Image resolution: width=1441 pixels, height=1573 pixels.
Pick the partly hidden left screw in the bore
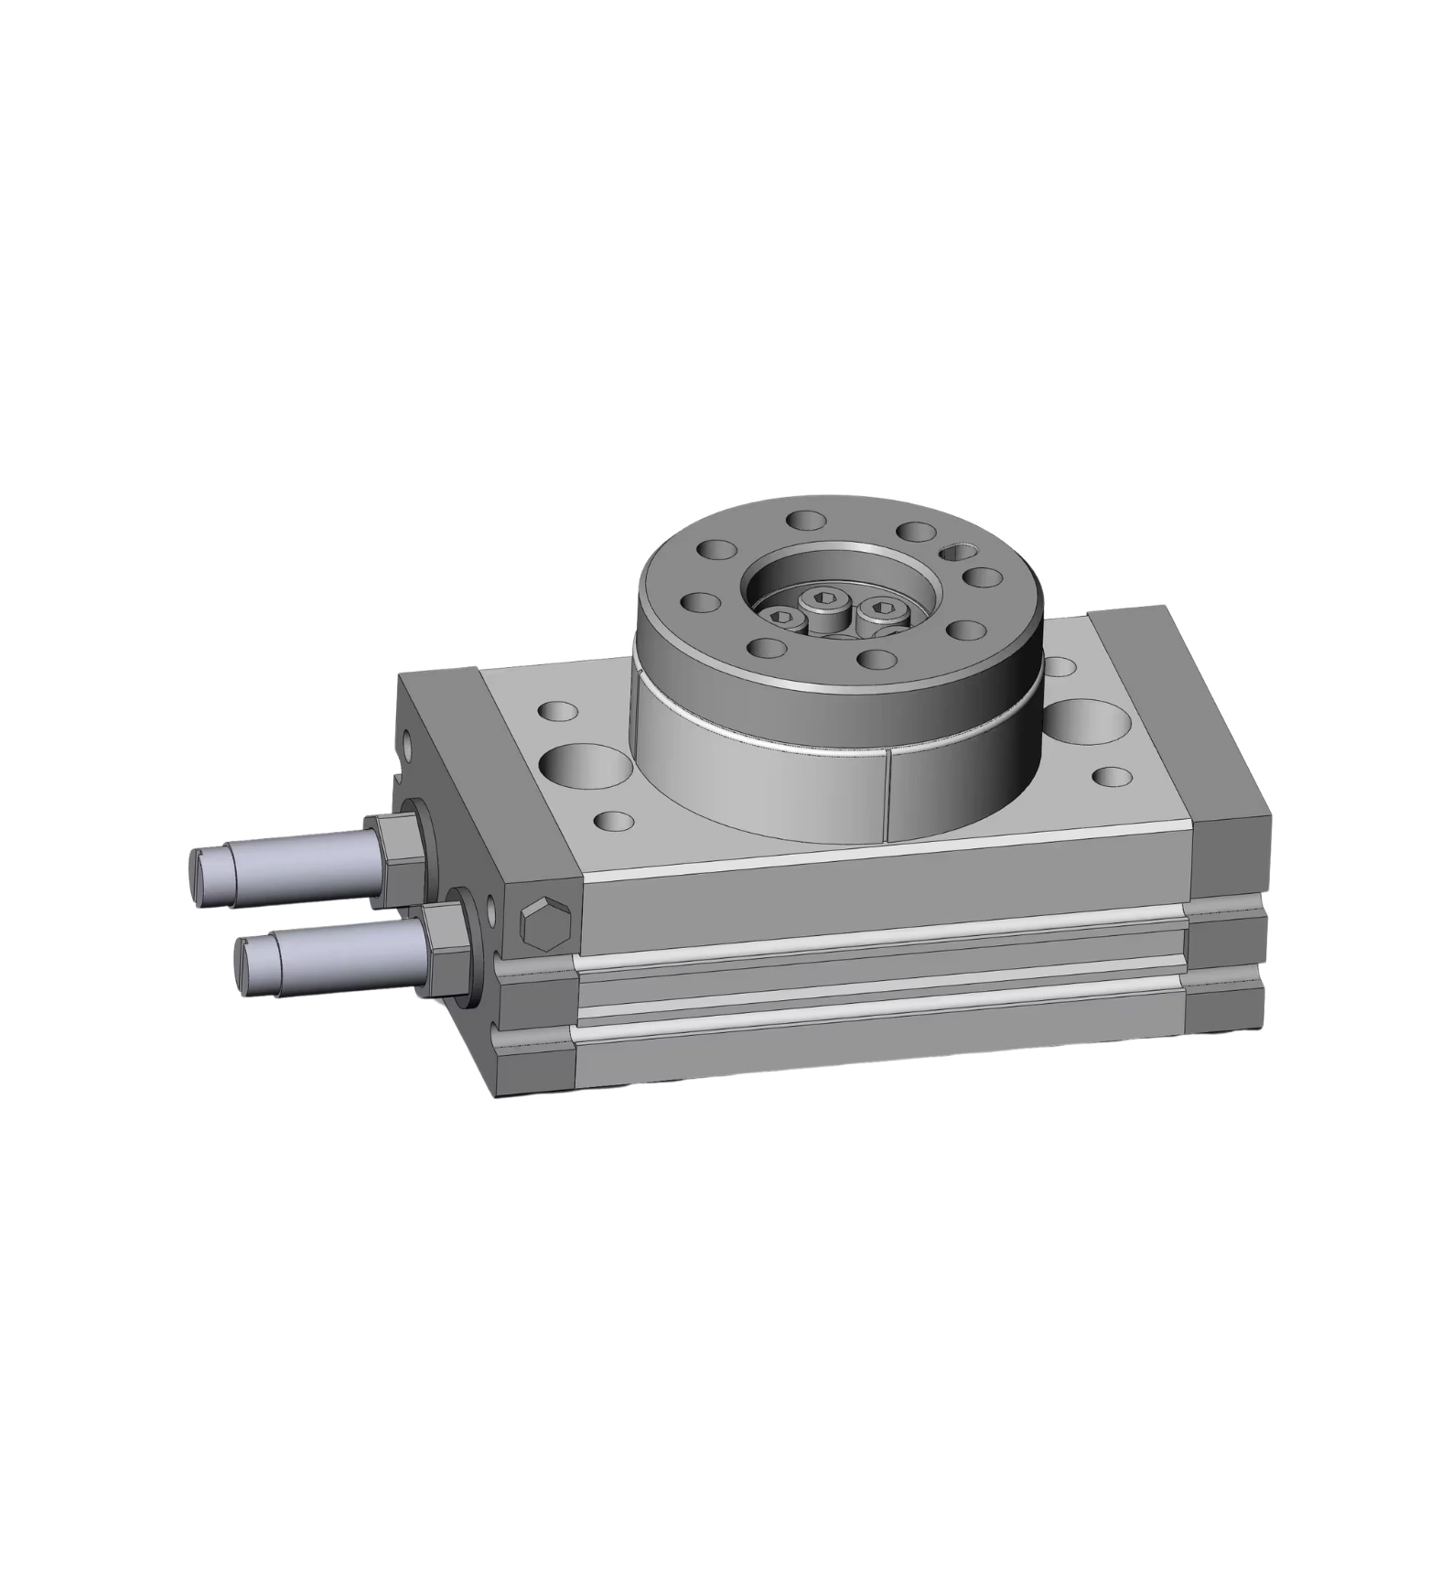[784, 619]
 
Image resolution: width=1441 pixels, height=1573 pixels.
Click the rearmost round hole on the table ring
[804, 521]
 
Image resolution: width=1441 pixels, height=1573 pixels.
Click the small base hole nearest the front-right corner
[1113, 776]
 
